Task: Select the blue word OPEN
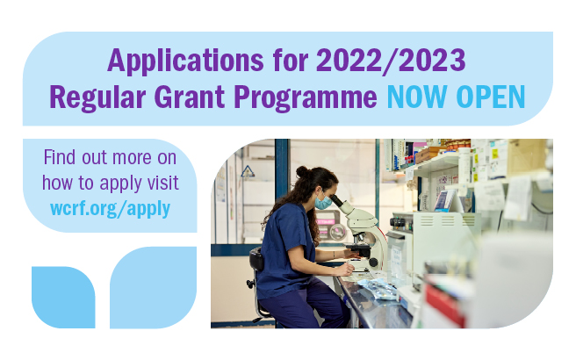(x=493, y=97)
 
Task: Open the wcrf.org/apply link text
(x=110, y=208)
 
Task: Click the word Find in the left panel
(x=61, y=159)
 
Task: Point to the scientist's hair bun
(x=302, y=171)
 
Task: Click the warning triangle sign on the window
(x=248, y=171)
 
